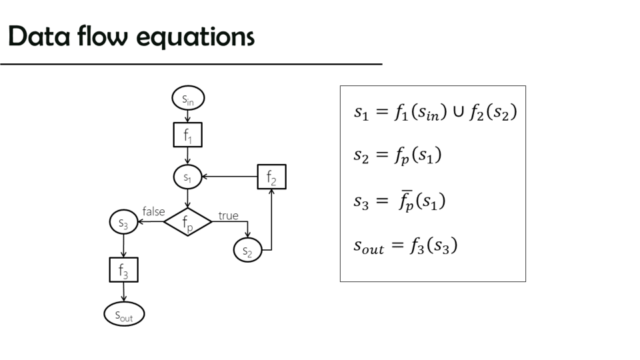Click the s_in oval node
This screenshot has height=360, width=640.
pyautogui.click(x=188, y=99)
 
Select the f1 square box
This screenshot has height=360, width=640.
pyautogui.click(x=187, y=135)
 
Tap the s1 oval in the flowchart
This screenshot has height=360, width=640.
pyautogui.click(x=187, y=177)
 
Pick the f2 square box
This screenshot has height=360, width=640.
pyautogui.click(x=271, y=177)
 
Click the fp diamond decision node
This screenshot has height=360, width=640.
pyautogui.click(x=187, y=222)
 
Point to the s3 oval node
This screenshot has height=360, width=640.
pyautogui.click(x=123, y=223)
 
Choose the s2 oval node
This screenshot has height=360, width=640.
pyautogui.click(x=247, y=250)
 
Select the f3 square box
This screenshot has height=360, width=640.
pyautogui.click(x=123, y=269)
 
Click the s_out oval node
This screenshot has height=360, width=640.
pyautogui.click(x=124, y=314)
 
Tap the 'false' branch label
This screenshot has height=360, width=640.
pyautogui.click(x=153, y=211)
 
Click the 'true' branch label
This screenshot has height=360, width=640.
pyautogui.click(x=228, y=215)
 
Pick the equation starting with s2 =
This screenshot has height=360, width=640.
pyautogui.click(x=397, y=156)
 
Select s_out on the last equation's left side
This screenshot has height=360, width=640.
pyautogui.click(x=368, y=247)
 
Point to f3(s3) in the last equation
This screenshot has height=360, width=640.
pyautogui.click(x=433, y=246)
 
